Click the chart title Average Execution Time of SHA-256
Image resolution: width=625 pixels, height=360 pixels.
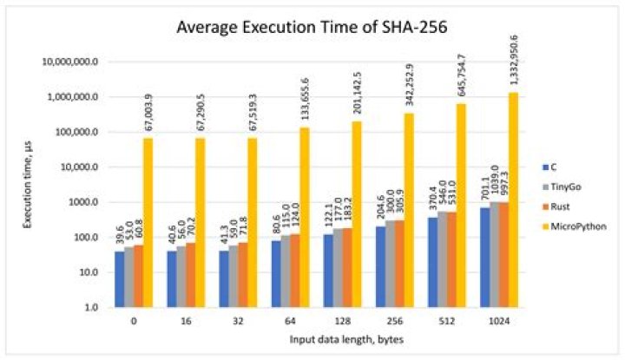tap(312, 27)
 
